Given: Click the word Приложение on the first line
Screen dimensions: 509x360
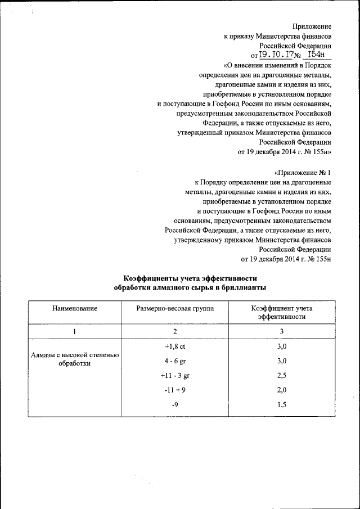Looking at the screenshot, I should point(312,26).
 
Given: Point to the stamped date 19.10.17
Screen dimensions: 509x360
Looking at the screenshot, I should point(274,55).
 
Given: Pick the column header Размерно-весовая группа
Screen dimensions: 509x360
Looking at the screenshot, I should point(175,309).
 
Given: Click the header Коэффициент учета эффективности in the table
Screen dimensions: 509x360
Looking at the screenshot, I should point(282,313).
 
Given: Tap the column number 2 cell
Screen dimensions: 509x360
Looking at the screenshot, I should point(175,332).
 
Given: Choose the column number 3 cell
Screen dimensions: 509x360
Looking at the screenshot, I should point(282,332).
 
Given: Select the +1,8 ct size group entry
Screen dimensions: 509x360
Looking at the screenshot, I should point(175,346).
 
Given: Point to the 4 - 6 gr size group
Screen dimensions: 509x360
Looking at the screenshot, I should point(175,361).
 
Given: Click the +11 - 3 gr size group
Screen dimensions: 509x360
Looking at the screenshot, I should point(175,375).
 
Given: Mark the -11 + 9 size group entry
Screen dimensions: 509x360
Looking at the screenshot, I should point(175,390).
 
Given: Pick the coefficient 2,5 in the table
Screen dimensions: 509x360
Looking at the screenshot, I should point(282,375).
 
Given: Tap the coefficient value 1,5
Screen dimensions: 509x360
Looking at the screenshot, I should point(282,404).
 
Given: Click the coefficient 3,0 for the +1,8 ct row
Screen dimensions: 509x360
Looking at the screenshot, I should point(282,346).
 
